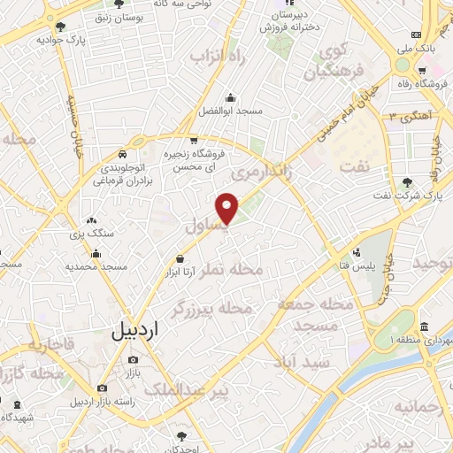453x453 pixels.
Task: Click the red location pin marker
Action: click(x=228, y=209)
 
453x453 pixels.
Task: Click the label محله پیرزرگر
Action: click(x=214, y=308)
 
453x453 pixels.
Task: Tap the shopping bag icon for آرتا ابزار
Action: click(x=180, y=258)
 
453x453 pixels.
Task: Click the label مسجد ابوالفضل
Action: click(x=230, y=112)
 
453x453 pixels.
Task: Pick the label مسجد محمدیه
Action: click(x=102, y=266)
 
